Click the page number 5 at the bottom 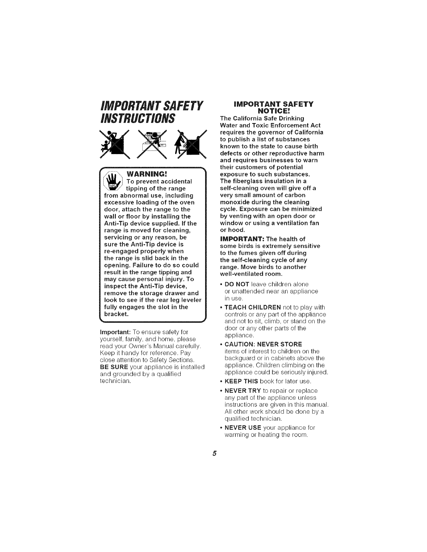pos(215,453)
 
